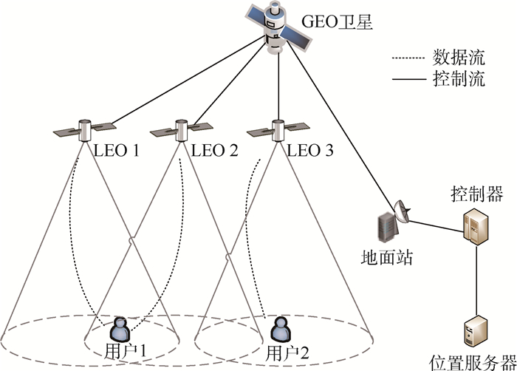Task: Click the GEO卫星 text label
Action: [x=333, y=21]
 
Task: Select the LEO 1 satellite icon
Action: [x=85, y=130]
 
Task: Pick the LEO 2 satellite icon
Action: [x=179, y=130]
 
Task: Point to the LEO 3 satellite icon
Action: [x=276, y=130]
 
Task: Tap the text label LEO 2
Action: [x=215, y=151]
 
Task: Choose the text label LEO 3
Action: [x=309, y=151]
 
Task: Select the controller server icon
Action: [x=474, y=225]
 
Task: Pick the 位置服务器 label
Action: [x=472, y=362]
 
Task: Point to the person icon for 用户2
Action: [x=279, y=327]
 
